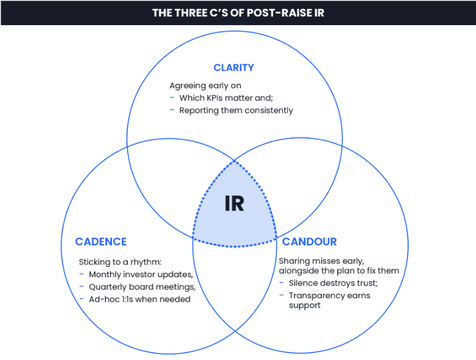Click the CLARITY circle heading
[x=233, y=67]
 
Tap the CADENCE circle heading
[x=101, y=242]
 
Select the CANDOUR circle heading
[x=309, y=242]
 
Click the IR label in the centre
[x=234, y=204]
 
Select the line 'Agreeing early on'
[x=205, y=86]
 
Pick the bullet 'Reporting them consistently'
[x=236, y=110]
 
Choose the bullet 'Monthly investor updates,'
[x=141, y=274]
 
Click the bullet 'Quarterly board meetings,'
[x=142, y=286]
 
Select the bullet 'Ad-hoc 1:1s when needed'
[x=140, y=298]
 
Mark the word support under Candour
[x=305, y=305]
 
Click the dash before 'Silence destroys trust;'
[x=282, y=283]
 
